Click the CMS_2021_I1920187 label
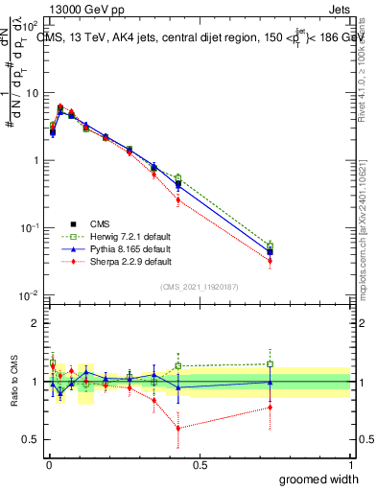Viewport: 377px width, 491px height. click(200, 286)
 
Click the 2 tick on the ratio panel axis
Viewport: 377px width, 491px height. click(37, 323)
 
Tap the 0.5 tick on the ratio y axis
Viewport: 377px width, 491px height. click(33, 440)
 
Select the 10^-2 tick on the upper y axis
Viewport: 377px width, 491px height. click(31, 294)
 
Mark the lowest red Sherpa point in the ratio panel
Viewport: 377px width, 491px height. click(178, 428)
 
